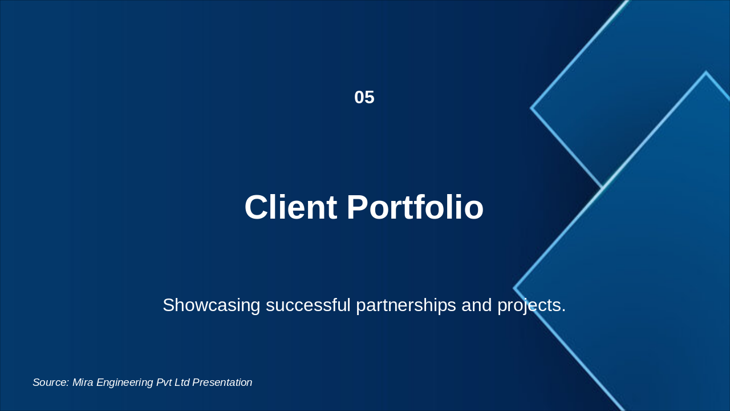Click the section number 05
364,98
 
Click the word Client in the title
290,207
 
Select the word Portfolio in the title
415,207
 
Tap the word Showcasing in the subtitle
212,305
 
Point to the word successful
308,305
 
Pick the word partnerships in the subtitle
405,305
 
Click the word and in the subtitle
476,305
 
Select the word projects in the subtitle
531,305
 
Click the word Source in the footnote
50,382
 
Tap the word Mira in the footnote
83,382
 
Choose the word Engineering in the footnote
125,382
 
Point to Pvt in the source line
164,382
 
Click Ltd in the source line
182,382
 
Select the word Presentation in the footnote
222,382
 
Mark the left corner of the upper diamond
532,107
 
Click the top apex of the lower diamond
705,72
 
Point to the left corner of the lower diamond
514,288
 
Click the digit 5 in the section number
370,98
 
